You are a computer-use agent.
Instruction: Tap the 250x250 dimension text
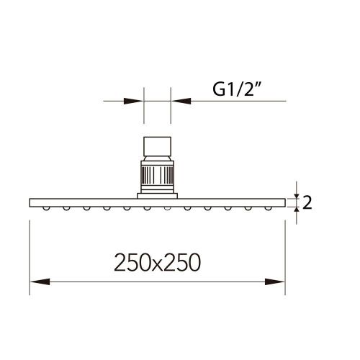157,262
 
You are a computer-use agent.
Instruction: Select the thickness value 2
307,203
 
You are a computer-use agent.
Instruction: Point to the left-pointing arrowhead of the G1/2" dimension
179,101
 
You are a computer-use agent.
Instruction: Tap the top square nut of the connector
158,148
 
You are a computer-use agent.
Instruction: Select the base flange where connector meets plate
158,194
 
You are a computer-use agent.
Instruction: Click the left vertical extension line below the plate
30,252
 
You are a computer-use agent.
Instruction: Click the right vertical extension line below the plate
286,252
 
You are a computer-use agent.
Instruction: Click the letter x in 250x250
157,264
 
